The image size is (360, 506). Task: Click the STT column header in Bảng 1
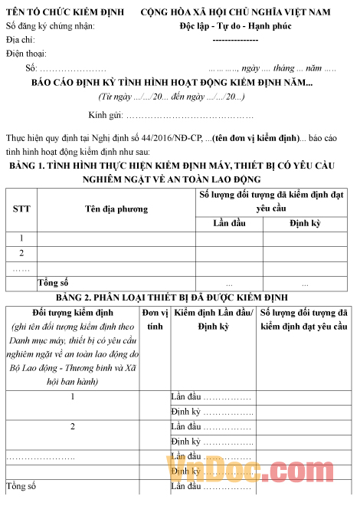(x=21, y=209)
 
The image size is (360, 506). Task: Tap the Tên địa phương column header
(x=116, y=209)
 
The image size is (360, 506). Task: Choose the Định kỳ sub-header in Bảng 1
(x=305, y=223)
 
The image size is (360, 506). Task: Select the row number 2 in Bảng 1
(x=21, y=253)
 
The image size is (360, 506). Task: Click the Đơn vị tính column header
(x=155, y=319)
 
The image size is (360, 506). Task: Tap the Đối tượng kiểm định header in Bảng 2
(x=73, y=313)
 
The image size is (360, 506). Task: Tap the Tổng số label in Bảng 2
(x=21, y=486)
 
